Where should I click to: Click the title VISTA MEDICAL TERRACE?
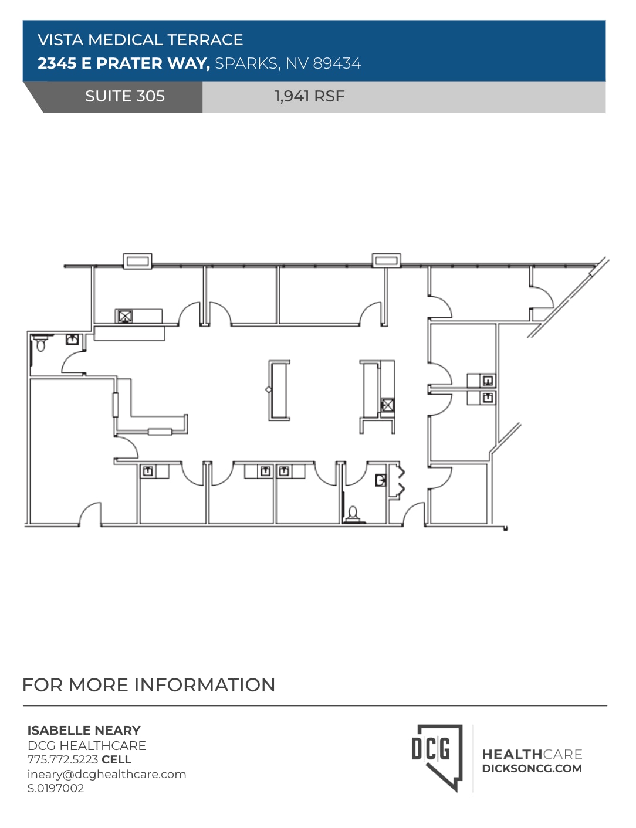(140, 40)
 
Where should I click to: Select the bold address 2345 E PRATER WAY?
(123, 63)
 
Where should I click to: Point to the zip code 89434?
(337, 63)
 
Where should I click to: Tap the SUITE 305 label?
(124, 96)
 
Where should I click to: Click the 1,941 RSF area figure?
(309, 96)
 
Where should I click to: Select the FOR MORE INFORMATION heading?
(148, 685)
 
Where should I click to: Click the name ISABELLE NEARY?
(84, 731)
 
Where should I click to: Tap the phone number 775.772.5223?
(63, 759)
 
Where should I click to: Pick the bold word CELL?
(116, 759)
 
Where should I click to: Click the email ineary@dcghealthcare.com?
(107, 774)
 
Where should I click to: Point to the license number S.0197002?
(56, 788)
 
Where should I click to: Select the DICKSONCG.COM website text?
(532, 769)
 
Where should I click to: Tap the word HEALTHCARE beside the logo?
(532, 754)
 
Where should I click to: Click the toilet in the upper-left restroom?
(40, 343)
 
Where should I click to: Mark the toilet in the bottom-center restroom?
(353, 514)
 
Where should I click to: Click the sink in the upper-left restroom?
(72, 339)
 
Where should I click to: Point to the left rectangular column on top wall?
(137, 260)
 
